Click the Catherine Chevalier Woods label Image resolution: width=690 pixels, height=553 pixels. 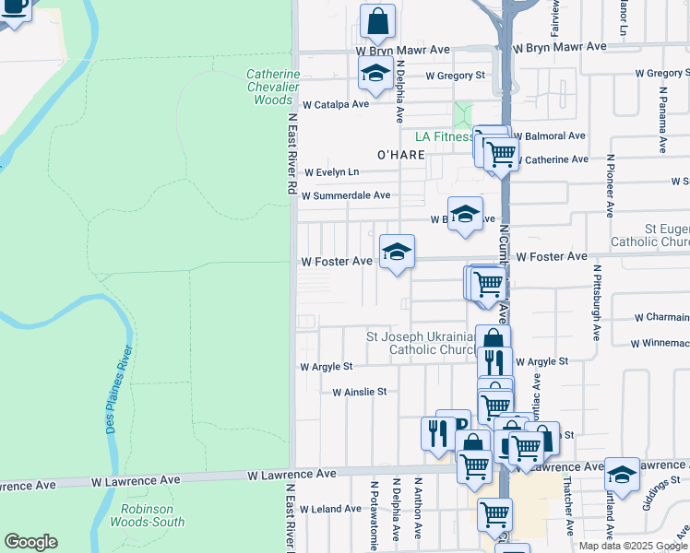274,87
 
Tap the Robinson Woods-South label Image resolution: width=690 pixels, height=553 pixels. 153,515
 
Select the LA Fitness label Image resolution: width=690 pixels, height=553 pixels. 443,136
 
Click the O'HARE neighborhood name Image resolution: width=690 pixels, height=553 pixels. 401,155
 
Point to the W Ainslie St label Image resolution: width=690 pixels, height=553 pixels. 359,392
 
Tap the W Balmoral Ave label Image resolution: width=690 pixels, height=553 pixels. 551,135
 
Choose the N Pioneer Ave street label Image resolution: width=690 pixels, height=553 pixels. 610,185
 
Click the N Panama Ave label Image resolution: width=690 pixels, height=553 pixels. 662,120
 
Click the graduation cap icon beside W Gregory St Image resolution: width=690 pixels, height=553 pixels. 375,75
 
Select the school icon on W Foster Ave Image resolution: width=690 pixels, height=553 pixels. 397,251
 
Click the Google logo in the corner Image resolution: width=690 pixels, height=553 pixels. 30,542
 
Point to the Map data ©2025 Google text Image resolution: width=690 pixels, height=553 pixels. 633,546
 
